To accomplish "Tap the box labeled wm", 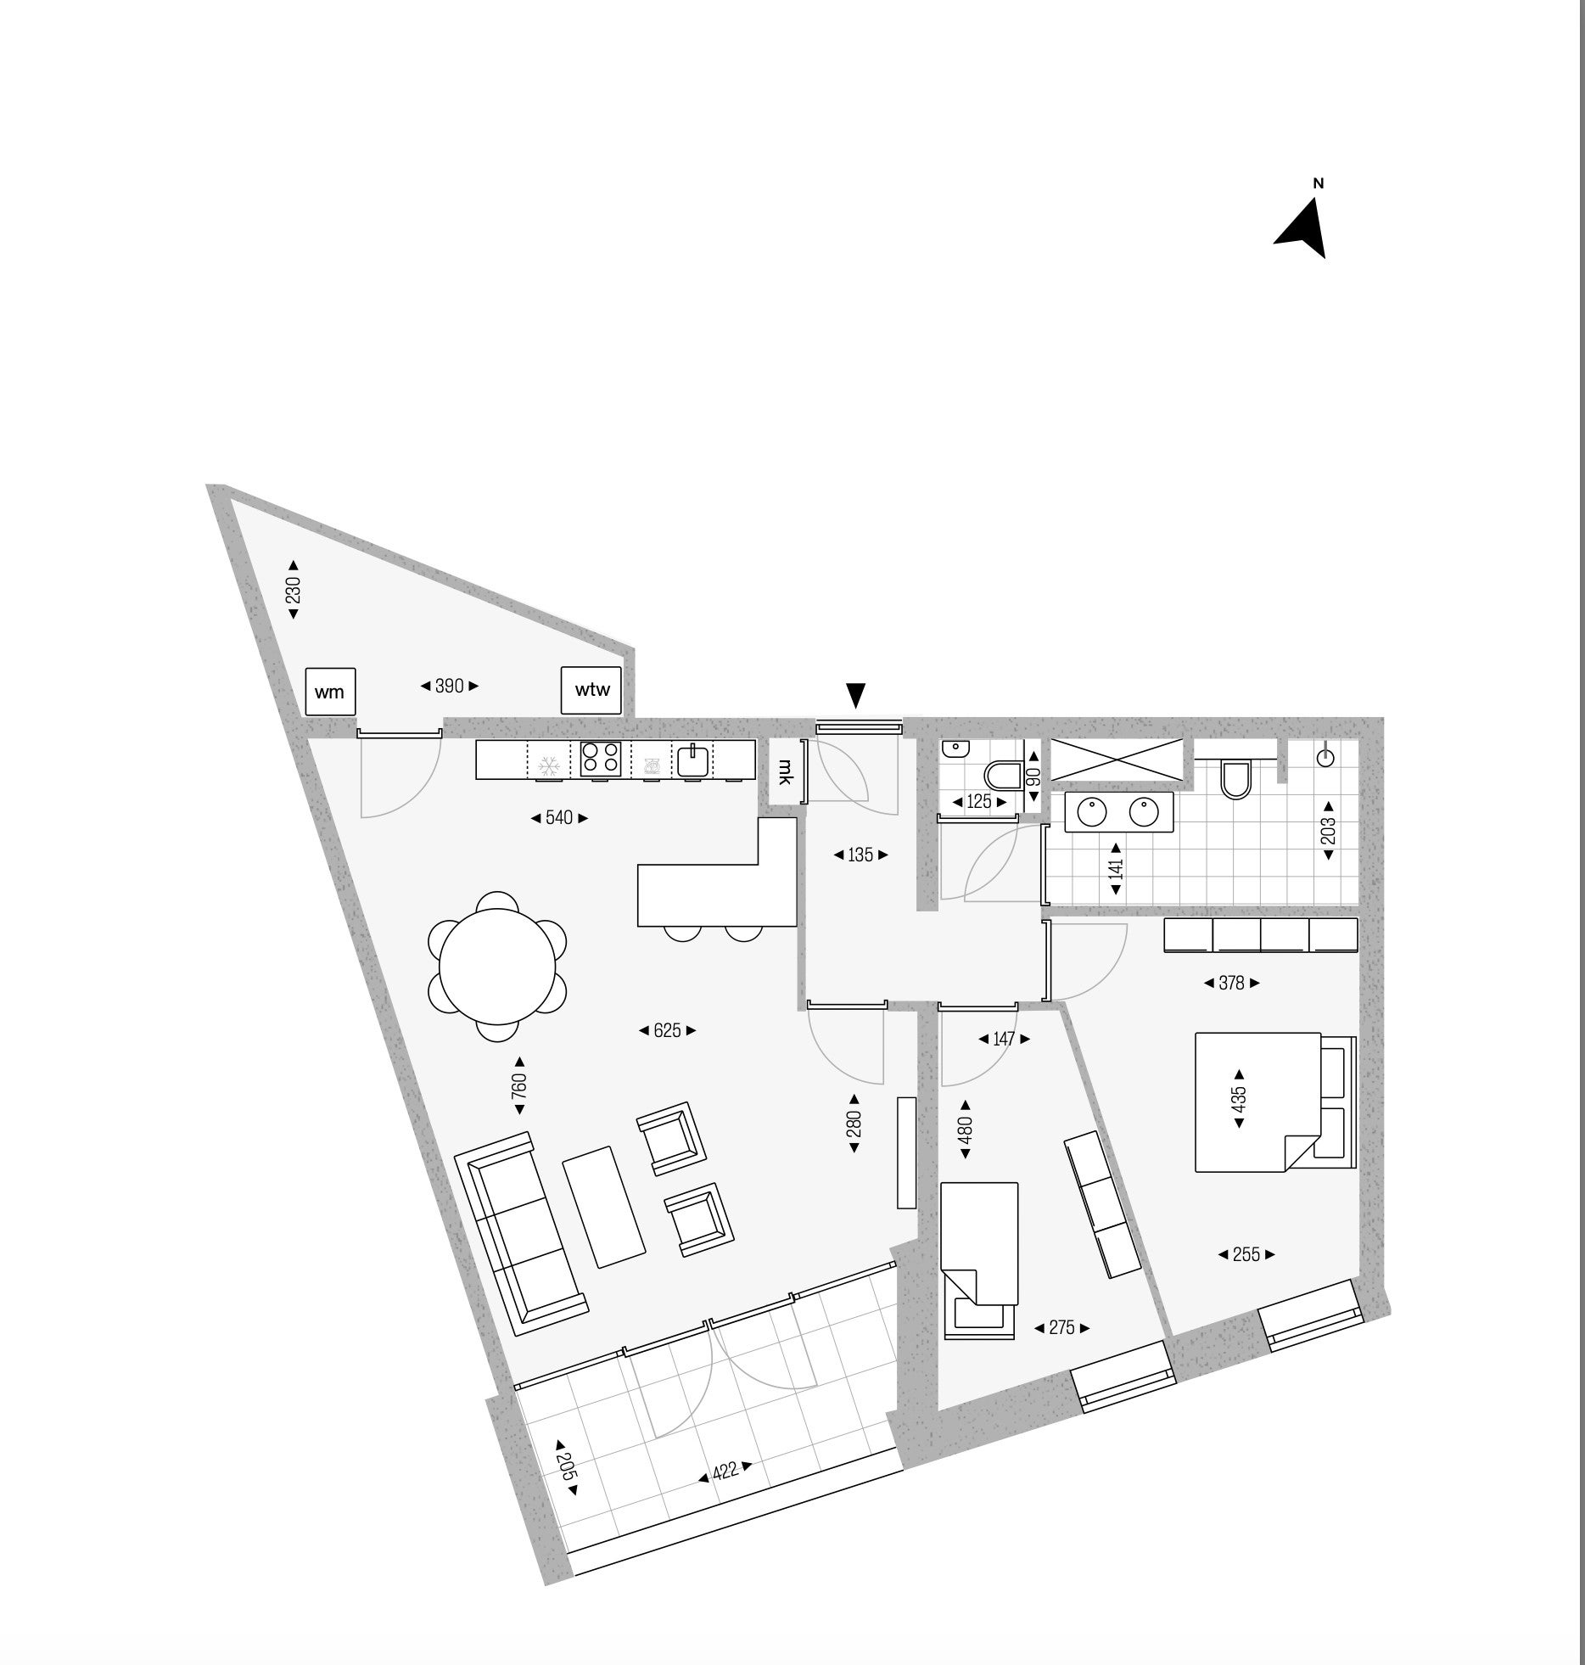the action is [329, 692].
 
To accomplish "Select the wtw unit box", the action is [592, 690].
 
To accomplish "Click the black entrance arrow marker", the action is [857, 695].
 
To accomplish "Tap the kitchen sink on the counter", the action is [693, 759].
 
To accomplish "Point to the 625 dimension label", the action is [668, 1031].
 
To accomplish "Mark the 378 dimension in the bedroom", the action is [1231, 984].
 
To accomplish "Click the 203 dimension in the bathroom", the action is [1329, 830].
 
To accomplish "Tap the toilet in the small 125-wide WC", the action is [1005, 775].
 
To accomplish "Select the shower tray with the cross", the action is [1117, 760].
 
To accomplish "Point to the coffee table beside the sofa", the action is [603, 1207].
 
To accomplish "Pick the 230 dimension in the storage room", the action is [294, 590].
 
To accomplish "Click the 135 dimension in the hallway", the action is [860, 855].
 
